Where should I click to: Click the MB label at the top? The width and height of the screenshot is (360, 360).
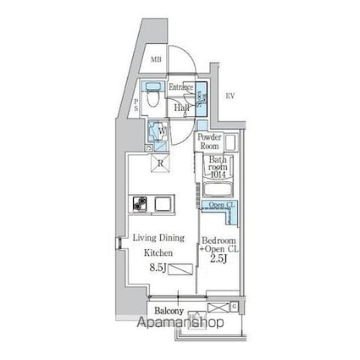click(x=157, y=59)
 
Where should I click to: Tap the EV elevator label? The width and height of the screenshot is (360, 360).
click(x=230, y=97)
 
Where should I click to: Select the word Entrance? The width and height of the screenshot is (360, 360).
click(x=181, y=87)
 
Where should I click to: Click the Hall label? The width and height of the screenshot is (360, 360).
click(x=180, y=108)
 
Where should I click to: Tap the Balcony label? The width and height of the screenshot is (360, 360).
click(x=169, y=312)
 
